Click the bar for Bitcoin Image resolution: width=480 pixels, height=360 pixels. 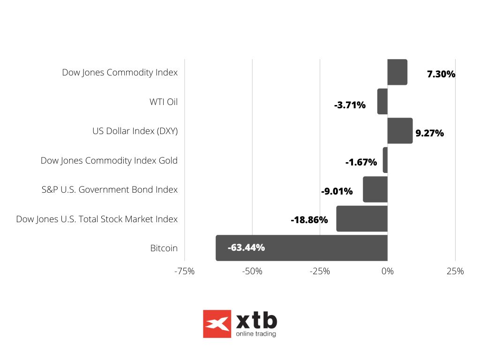301,248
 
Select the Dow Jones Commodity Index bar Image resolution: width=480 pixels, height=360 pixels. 397,72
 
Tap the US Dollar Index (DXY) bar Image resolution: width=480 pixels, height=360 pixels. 400,131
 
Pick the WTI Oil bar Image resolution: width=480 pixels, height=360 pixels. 382,101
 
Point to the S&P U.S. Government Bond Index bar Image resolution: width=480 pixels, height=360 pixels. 375,189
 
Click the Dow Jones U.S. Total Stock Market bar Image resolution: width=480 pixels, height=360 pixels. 362,218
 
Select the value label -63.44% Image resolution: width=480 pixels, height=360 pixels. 246,247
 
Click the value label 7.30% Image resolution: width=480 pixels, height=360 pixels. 441,74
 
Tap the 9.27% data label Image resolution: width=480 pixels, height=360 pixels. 429,133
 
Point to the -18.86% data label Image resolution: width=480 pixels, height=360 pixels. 309,220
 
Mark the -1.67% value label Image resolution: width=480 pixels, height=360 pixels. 361,163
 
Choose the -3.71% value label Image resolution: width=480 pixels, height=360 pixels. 350,105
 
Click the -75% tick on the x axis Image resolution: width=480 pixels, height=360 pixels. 184,271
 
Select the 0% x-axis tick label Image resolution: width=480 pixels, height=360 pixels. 387,271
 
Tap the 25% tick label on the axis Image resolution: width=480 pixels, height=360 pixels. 455,271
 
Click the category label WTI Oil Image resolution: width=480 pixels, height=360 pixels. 163,102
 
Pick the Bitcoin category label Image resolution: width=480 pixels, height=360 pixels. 164,248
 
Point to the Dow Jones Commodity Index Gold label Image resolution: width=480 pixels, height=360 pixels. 109,160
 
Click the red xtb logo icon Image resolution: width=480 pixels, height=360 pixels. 217,324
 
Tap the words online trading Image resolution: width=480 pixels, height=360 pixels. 256,334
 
